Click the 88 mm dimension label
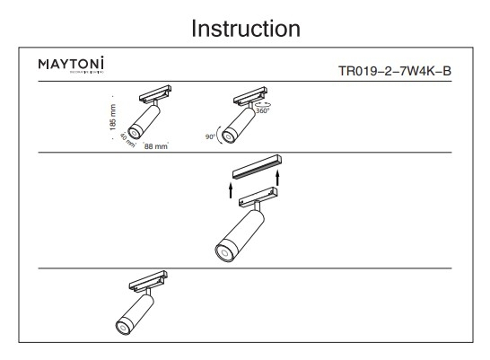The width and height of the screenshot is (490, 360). point(155,145)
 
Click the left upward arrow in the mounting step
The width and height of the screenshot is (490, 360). point(230,191)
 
